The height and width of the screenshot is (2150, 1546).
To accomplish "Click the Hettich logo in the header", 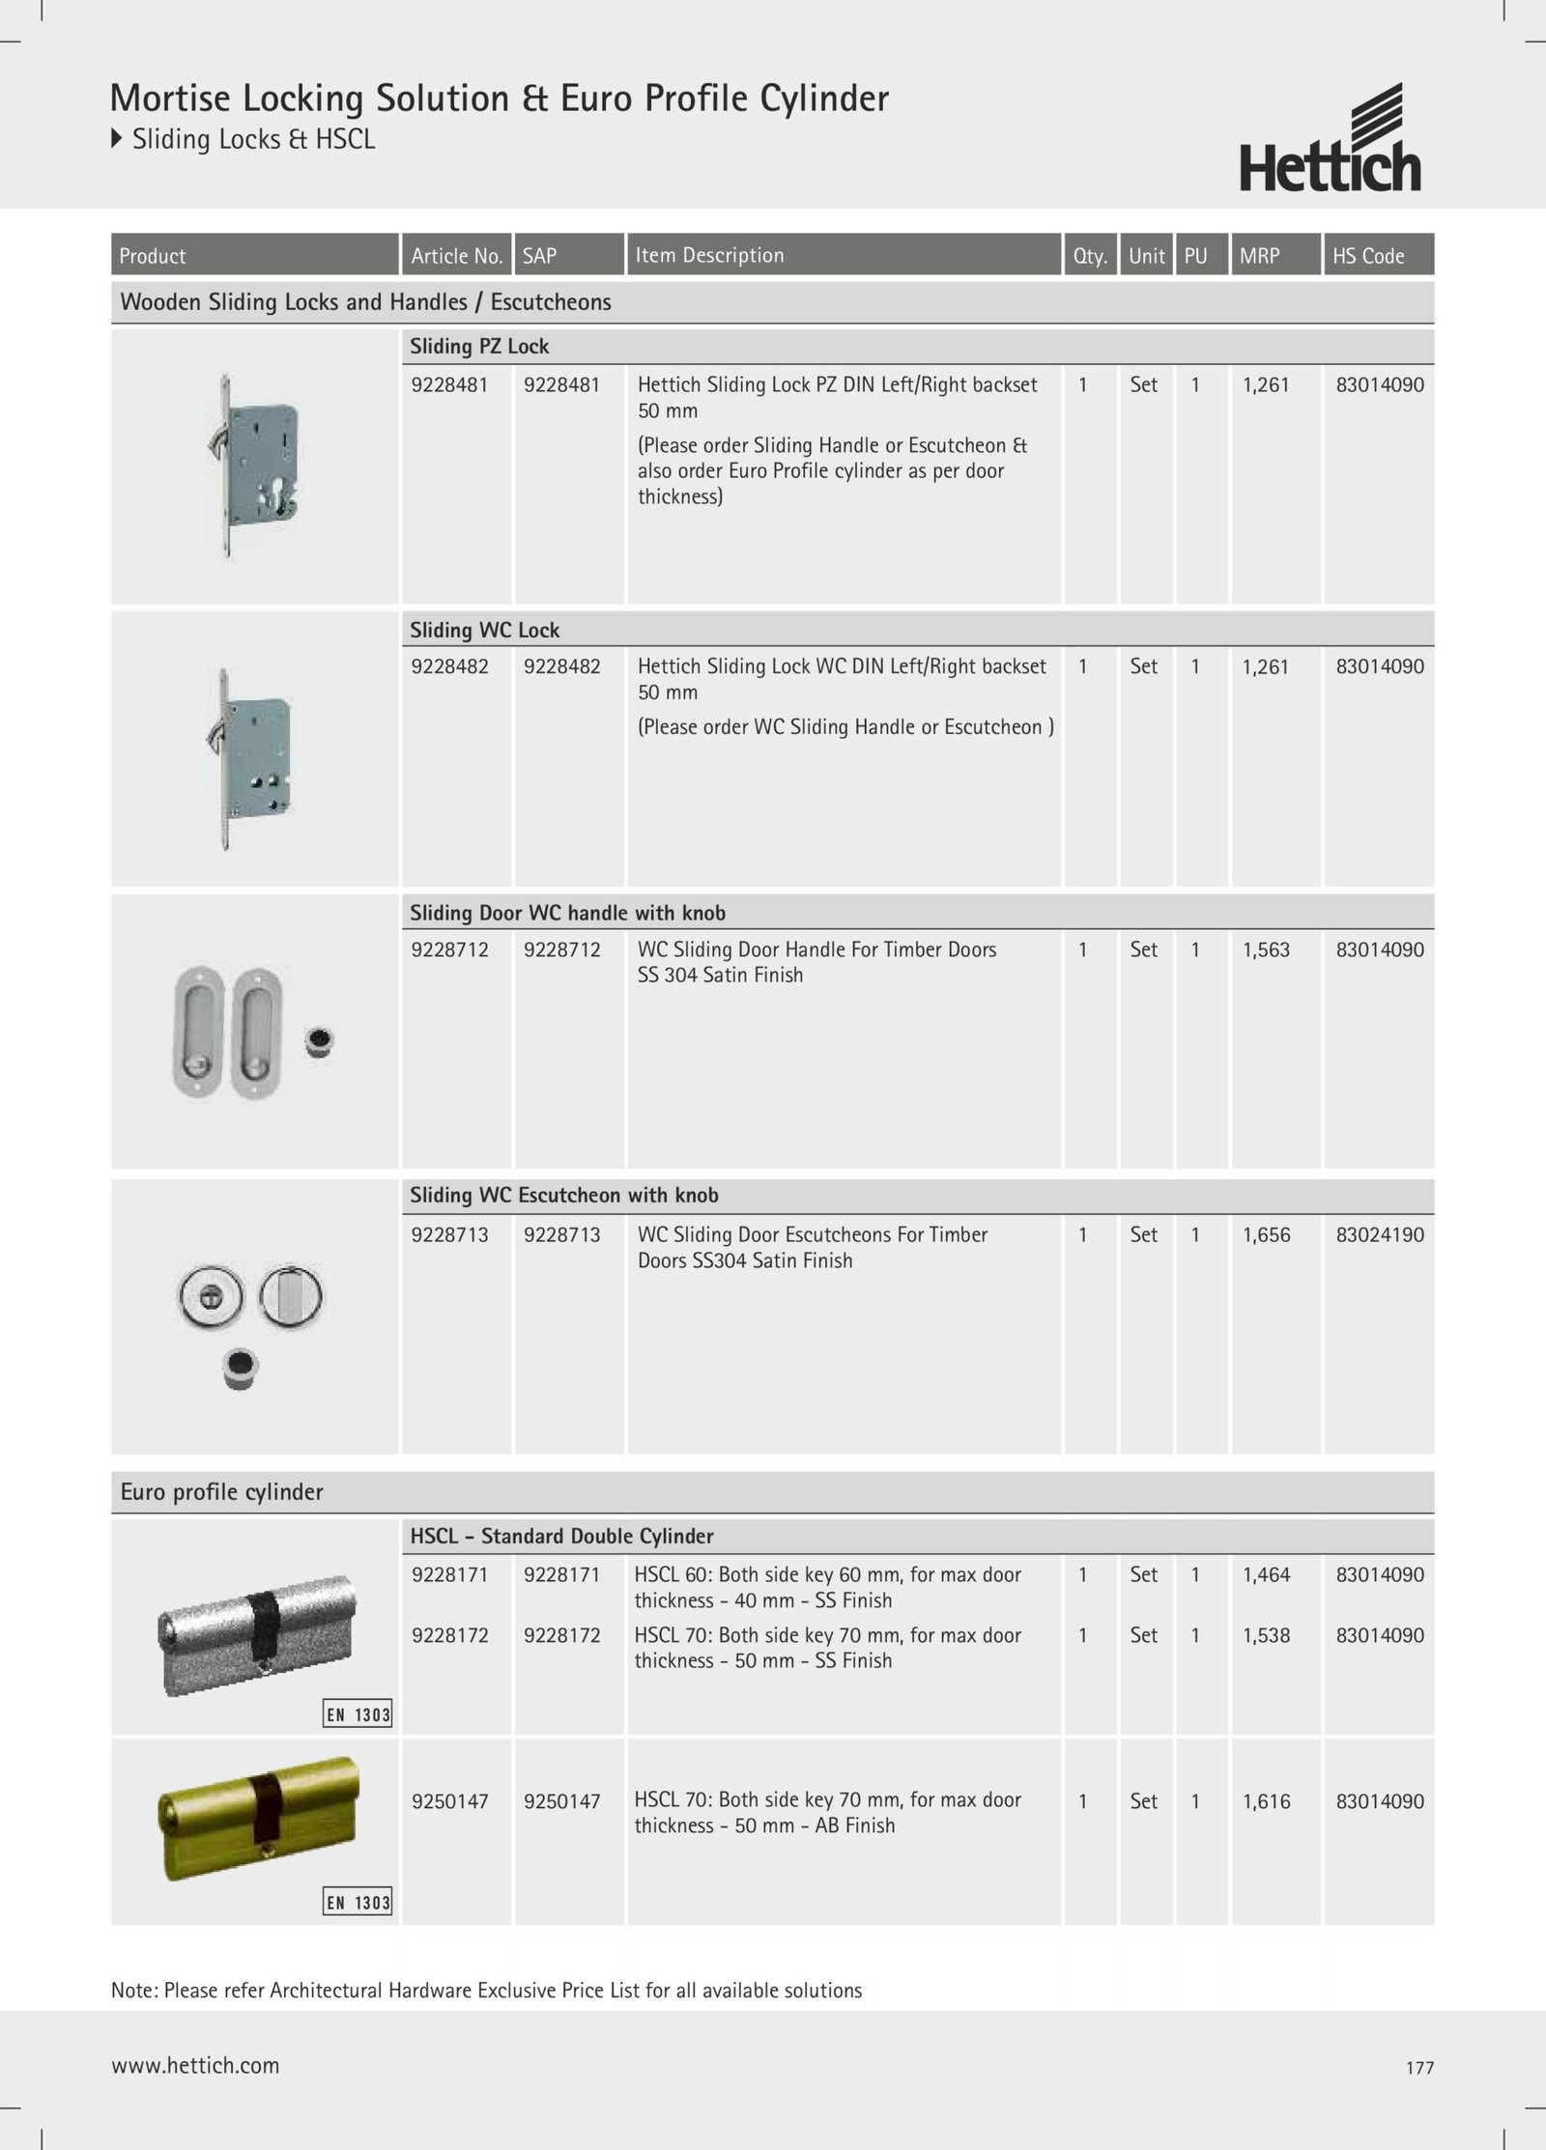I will [1330, 139].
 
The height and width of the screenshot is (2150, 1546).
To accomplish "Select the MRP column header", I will [1259, 256].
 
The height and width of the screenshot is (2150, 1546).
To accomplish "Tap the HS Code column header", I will [1368, 256].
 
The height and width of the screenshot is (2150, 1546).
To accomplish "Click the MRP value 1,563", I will [1266, 949].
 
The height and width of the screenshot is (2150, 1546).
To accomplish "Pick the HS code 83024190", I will [1380, 1234].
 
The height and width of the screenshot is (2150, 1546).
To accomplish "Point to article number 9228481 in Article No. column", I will [449, 384].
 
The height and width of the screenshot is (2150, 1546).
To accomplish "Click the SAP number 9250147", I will [561, 1800].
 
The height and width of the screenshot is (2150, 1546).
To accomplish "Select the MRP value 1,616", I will [1266, 1800].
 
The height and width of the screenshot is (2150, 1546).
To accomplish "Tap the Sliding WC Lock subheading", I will [484, 630].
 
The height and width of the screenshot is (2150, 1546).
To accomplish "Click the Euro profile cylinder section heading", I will [221, 1491].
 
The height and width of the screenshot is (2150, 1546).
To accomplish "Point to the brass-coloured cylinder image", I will [257, 1819].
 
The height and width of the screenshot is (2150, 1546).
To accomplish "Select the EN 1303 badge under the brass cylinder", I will [358, 1903].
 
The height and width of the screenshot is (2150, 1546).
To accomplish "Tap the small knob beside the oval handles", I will [318, 1042].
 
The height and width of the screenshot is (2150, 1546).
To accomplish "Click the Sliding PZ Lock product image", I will [254, 466].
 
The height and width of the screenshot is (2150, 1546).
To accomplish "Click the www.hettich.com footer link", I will [195, 2065].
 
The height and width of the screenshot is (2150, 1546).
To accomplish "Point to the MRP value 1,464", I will [1266, 1574].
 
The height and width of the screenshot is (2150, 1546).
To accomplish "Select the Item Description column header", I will [709, 255].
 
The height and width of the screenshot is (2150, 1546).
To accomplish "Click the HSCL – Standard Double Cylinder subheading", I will [561, 1536].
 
